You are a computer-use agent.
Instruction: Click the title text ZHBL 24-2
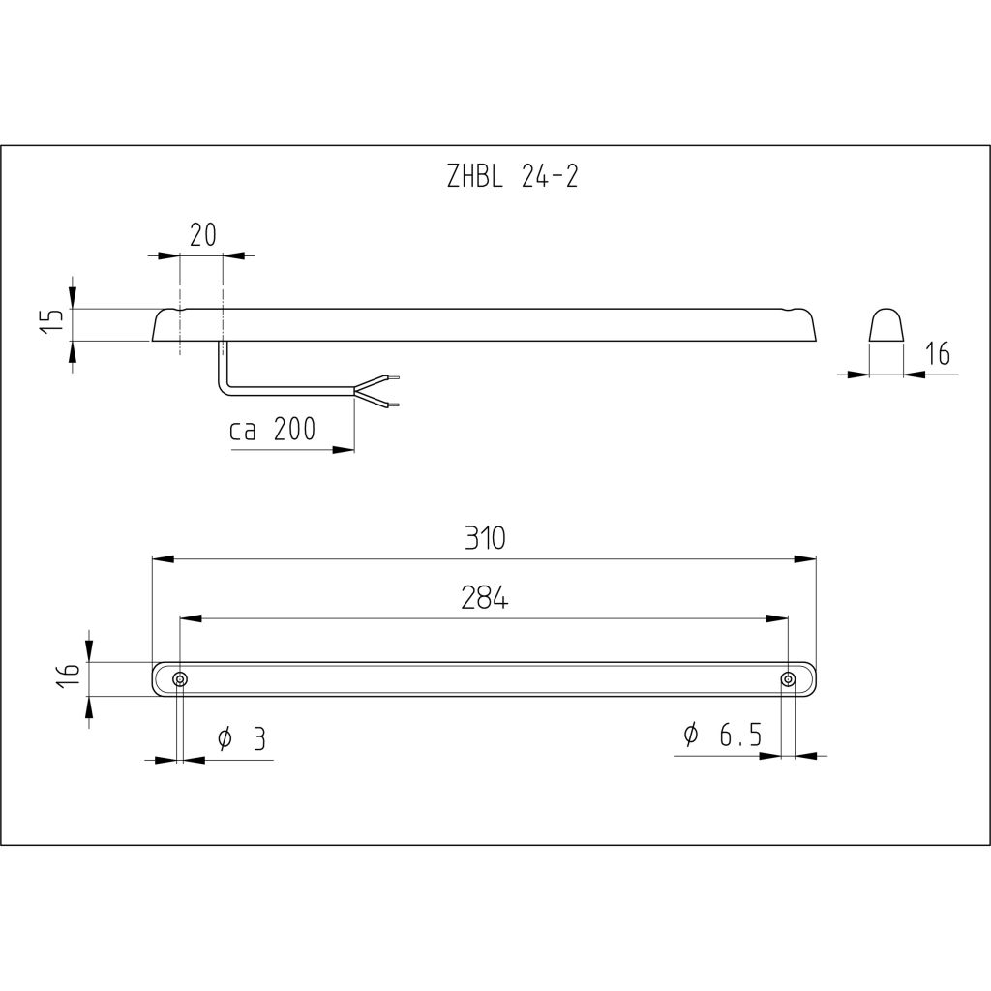(x=512, y=177)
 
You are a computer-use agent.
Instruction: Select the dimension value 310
(x=484, y=538)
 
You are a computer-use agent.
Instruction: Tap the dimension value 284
(x=484, y=599)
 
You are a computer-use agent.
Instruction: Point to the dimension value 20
(x=201, y=235)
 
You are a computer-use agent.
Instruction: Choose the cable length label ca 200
(x=273, y=431)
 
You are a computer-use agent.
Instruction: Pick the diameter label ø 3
(x=240, y=739)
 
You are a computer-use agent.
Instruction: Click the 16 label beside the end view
(x=936, y=355)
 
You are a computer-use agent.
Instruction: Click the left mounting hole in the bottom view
(x=179, y=679)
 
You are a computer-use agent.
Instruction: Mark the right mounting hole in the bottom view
(x=789, y=679)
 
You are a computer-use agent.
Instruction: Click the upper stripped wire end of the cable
(x=391, y=376)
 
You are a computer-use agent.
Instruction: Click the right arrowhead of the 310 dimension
(x=806, y=559)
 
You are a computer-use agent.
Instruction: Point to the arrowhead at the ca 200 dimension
(x=344, y=450)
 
